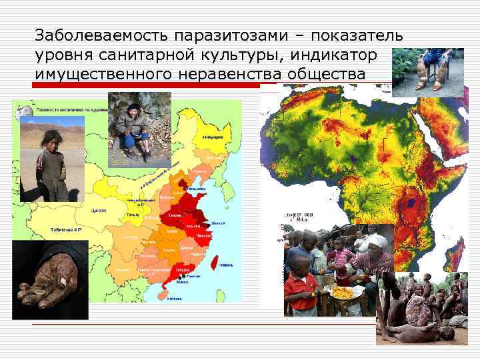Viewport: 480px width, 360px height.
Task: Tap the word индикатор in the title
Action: coord(340,53)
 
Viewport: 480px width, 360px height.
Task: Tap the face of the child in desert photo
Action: coord(49,141)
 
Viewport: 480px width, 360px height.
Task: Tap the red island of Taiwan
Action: coord(214,263)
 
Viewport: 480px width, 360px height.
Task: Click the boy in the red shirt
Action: coord(299,283)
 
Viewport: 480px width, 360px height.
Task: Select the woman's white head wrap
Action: coord(376,240)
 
